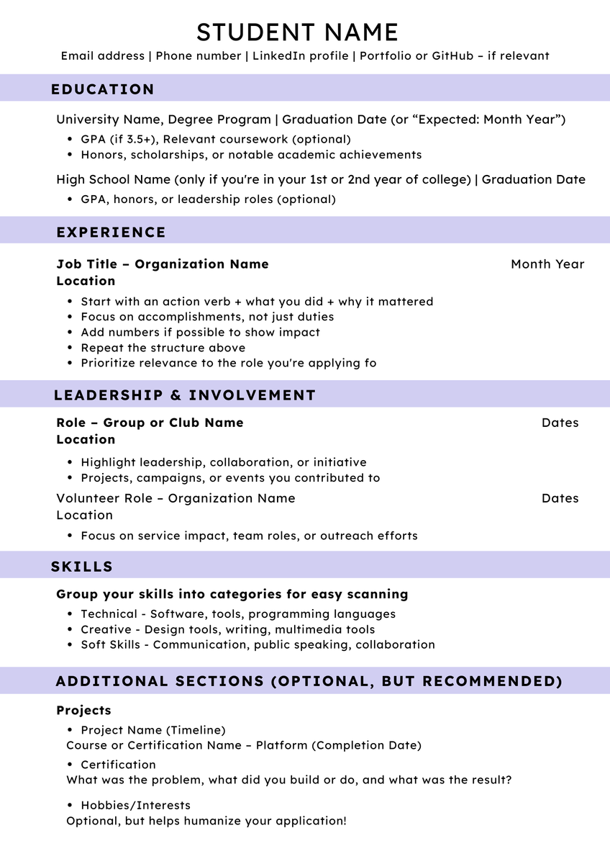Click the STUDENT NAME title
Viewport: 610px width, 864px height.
pyautogui.click(x=297, y=32)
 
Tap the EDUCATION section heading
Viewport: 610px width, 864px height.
pyautogui.click(x=102, y=89)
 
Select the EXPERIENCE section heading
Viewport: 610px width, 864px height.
pyautogui.click(x=111, y=232)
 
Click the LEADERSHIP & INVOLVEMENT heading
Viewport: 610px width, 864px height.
pyautogui.click(x=184, y=395)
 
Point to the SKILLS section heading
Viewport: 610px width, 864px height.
pyautogui.click(x=82, y=567)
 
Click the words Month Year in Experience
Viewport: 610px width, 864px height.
pyautogui.click(x=547, y=264)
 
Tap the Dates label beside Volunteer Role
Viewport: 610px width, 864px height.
pyautogui.click(x=560, y=498)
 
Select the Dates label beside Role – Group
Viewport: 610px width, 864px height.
pyautogui.click(x=560, y=423)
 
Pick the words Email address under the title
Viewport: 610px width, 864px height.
pyautogui.click(x=102, y=55)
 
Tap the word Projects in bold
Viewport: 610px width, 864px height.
pyautogui.click(x=83, y=711)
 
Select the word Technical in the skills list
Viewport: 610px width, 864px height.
pyautogui.click(x=109, y=614)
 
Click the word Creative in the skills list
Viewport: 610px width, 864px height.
pyautogui.click(x=106, y=629)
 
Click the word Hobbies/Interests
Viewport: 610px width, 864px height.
pyautogui.click(x=135, y=805)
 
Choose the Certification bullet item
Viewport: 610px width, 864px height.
pyautogui.click(x=118, y=765)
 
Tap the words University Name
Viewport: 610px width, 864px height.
pyautogui.click(x=108, y=120)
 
